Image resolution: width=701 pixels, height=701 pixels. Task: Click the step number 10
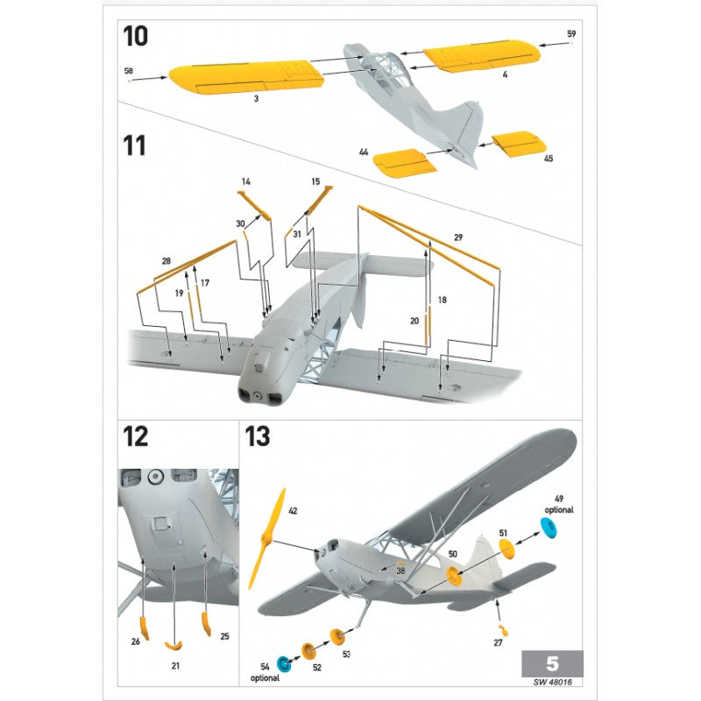pos(136,37)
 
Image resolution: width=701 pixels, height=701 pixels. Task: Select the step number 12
pos(137,435)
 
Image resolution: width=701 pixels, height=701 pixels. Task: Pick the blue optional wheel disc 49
pos(548,528)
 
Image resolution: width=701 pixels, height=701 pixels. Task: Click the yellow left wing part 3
pos(245,77)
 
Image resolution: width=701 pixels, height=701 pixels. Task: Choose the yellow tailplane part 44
pos(400,162)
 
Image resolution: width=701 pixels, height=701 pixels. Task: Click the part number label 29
pos(458,238)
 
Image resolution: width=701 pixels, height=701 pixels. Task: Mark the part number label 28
pos(166,261)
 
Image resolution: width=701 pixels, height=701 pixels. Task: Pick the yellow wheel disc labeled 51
pos(506,548)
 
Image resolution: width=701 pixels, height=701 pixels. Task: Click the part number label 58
pos(128,69)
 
